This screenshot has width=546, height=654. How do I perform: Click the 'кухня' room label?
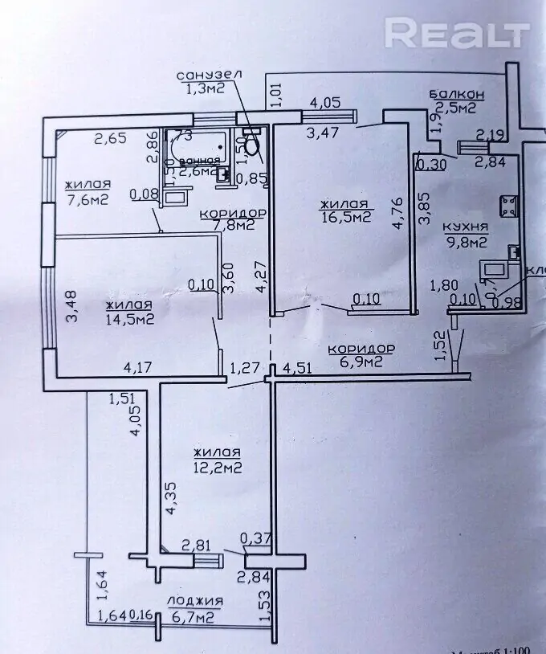[465, 226]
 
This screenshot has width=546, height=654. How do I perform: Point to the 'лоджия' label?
[195, 601]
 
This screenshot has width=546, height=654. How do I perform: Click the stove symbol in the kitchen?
[508, 206]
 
